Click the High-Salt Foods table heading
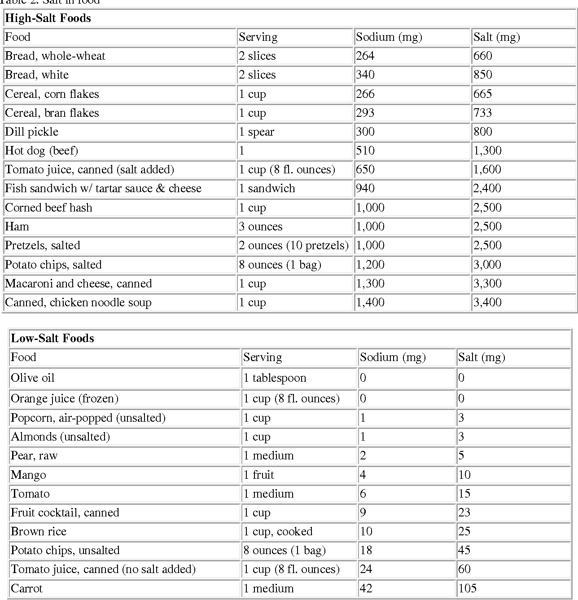point(48,18)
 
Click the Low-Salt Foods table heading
point(53,338)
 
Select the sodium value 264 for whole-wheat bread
point(365,56)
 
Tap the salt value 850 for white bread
point(482,75)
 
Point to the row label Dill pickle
point(31,132)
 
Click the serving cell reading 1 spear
point(256,132)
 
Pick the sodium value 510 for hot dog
point(365,150)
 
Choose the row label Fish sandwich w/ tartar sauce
point(103,188)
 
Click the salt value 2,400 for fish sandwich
point(487,188)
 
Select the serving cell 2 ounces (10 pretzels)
point(293,245)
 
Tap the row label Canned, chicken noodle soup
point(78,302)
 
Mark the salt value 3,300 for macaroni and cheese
point(487,283)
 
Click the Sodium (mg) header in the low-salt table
point(393,357)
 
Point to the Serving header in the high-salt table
point(258,37)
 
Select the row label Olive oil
point(33,378)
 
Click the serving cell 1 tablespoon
point(275,378)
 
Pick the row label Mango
point(28,475)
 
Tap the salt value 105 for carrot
point(467,588)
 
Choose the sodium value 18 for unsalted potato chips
point(366,550)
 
